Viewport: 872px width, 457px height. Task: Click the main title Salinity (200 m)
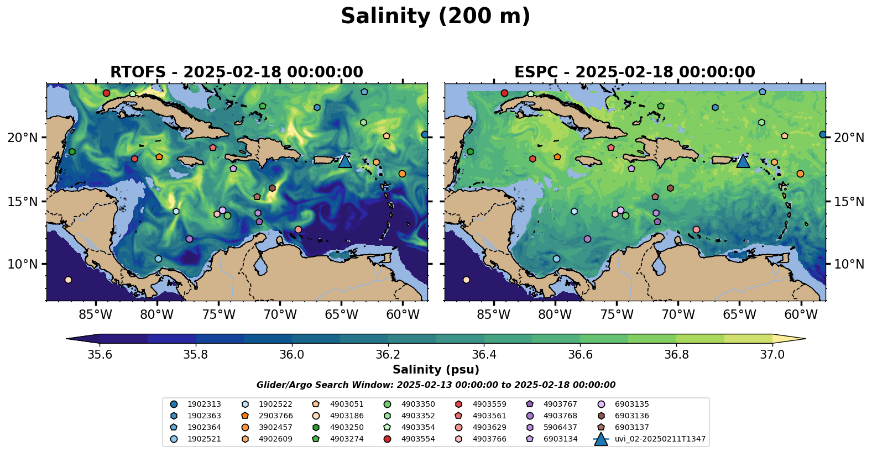click(435, 17)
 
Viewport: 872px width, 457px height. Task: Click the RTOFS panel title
click(237, 72)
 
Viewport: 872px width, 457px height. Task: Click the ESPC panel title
click(634, 72)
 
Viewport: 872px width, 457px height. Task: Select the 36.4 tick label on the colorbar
click(484, 354)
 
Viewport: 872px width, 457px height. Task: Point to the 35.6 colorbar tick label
click(100, 354)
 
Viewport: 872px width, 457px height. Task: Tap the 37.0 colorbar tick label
click(772, 354)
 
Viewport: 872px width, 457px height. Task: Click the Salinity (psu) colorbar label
click(436, 370)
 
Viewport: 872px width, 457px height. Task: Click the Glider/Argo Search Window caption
click(436, 385)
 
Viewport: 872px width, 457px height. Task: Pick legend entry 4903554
click(417, 439)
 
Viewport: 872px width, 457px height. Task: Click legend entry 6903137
click(631, 428)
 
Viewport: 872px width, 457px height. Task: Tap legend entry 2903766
click(275, 416)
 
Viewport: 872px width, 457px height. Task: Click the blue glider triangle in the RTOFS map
click(344, 161)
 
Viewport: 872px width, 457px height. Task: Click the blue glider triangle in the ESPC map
click(743, 161)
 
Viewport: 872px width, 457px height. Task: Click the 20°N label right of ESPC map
click(849, 138)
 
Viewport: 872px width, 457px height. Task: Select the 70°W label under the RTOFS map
click(280, 315)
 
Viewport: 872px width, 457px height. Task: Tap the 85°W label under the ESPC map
click(493, 315)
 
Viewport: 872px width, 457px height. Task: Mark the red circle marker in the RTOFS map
click(106, 93)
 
